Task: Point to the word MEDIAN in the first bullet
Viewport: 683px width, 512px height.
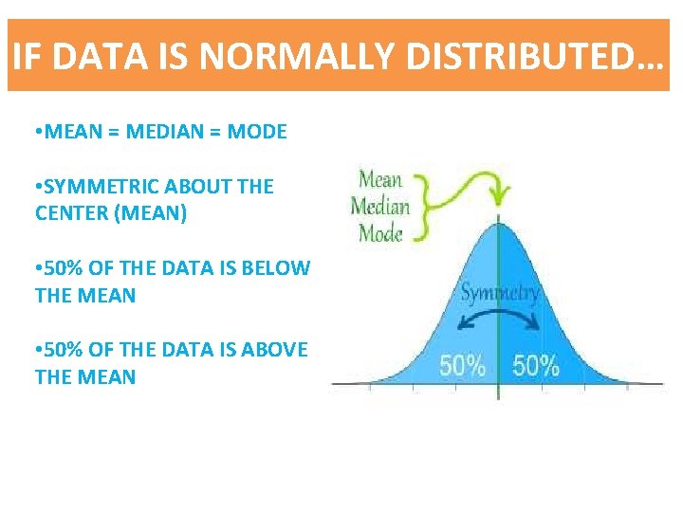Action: [169, 132]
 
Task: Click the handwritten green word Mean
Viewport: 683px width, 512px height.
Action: [379, 179]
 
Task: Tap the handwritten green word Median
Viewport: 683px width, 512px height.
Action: [379, 206]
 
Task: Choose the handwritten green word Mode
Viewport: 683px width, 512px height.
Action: [379, 233]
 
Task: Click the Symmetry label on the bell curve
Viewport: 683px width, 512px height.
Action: [499, 293]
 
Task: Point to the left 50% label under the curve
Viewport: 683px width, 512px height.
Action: [462, 365]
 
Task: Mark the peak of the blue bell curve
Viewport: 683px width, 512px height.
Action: [498, 222]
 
